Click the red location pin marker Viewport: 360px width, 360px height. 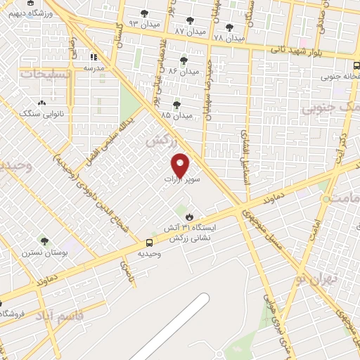tap(181, 165)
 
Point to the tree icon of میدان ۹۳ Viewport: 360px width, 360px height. tap(145, 13)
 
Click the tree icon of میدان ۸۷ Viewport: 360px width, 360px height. tap(189, 21)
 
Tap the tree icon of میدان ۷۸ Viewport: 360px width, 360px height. tap(229, 27)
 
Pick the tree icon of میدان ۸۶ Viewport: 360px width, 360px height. tap(184, 60)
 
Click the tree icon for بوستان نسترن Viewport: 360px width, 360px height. tap(44, 241)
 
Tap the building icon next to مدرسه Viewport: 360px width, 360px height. tap(94, 57)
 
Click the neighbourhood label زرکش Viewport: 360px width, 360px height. tap(159, 141)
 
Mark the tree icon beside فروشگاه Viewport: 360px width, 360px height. tap(2, 302)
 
